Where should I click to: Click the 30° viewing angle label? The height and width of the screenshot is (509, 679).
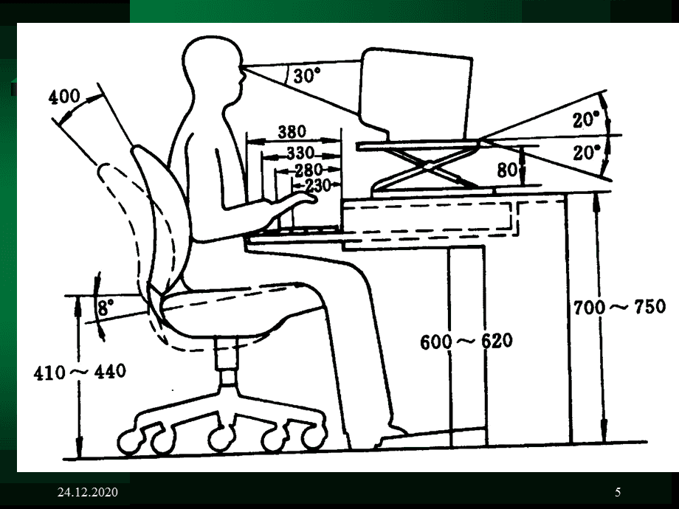pos(306,76)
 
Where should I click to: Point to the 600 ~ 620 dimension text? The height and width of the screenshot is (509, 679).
pos(466,342)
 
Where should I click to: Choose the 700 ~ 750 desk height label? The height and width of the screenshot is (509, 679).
pos(619,307)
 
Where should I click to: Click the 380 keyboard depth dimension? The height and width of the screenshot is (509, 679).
pos(292,131)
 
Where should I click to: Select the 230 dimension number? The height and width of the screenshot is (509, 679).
pos(318,186)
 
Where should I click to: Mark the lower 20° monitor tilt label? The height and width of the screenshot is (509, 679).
pos(586,153)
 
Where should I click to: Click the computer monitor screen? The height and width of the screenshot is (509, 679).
pos(416,90)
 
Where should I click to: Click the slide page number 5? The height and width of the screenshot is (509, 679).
pos(618,492)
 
